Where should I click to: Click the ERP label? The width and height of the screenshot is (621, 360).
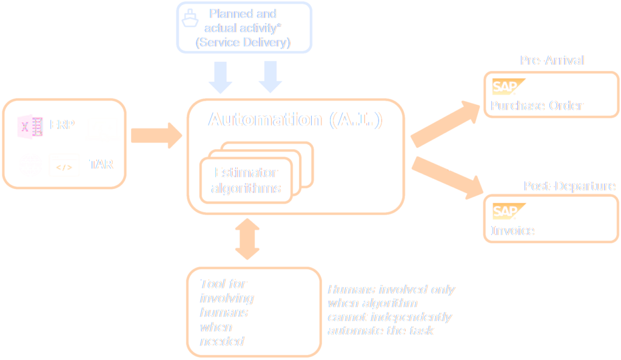(x=62, y=125)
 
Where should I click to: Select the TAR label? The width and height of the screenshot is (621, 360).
(x=101, y=164)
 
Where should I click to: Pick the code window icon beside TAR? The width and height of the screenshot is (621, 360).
(x=64, y=164)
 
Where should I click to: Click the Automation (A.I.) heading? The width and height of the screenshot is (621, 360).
(x=295, y=119)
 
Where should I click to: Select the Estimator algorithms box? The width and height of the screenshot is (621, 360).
(x=246, y=181)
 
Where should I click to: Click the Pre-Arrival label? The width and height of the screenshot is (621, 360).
(x=552, y=61)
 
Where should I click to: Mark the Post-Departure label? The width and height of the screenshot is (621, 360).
(x=569, y=186)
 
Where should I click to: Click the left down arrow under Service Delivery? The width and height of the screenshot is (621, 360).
(x=220, y=78)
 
